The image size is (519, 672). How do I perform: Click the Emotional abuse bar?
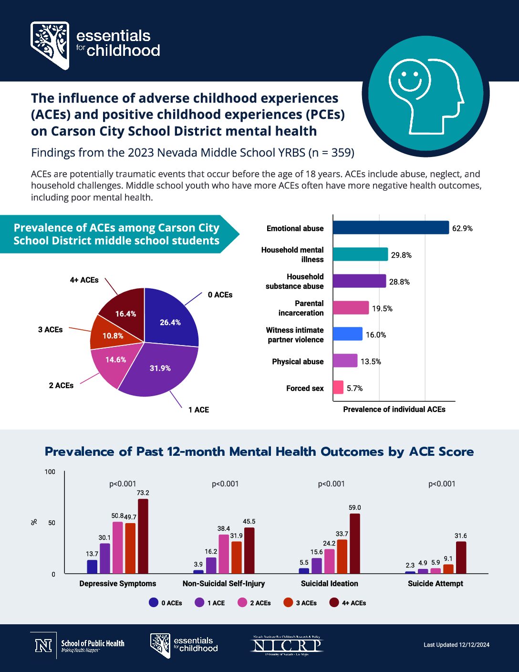391,228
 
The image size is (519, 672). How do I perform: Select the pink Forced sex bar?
338,388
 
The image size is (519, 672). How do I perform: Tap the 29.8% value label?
401,255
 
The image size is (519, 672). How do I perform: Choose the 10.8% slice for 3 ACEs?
112,335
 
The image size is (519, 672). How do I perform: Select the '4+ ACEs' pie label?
84,280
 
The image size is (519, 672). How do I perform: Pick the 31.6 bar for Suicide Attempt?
461,557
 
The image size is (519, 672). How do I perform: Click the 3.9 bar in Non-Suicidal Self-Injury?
198,572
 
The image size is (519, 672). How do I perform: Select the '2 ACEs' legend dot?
242,603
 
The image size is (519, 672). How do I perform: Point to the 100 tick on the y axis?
50,472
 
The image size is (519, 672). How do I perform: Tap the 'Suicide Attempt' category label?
435,584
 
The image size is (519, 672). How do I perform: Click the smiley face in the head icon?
406,77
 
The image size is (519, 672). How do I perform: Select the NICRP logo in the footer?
287,645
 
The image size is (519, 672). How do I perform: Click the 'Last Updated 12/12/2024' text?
457,645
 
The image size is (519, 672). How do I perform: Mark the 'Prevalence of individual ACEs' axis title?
394,409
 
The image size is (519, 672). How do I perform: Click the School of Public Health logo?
79,645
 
